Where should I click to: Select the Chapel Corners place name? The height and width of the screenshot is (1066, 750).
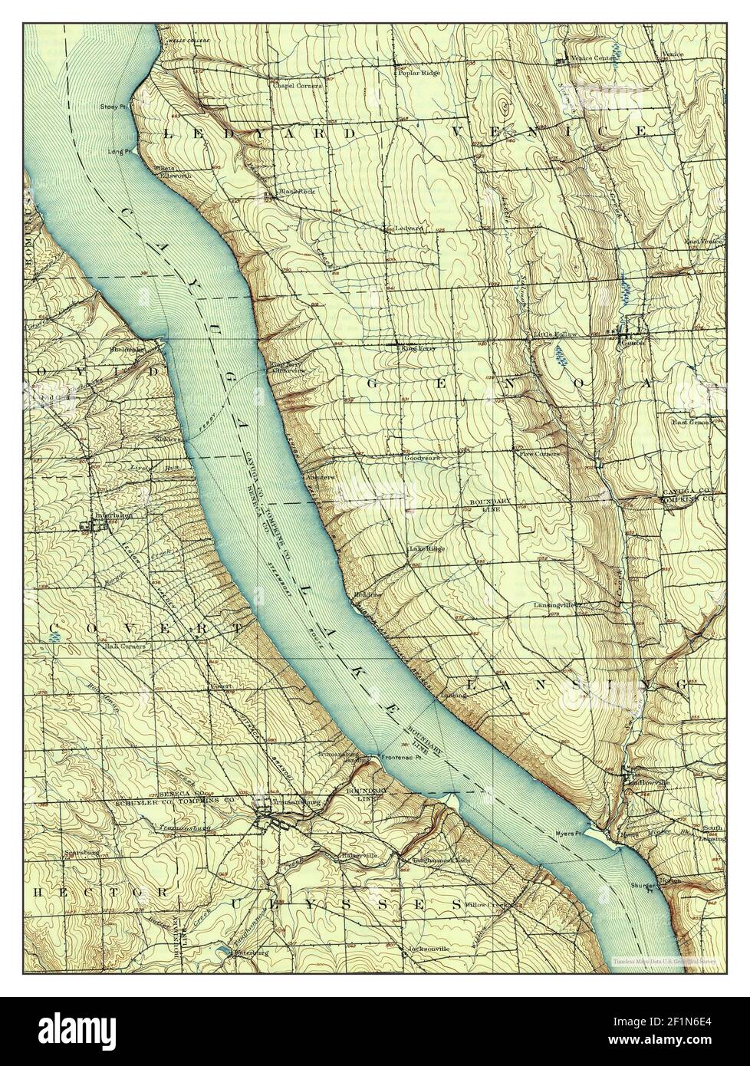click(293, 85)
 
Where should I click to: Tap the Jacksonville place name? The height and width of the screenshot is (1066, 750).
click(429, 949)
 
